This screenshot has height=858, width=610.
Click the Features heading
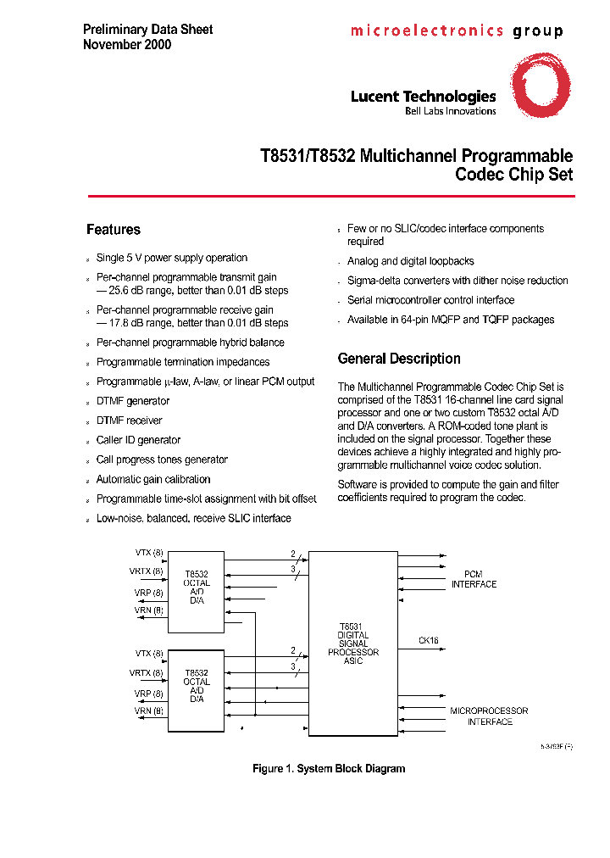tap(114, 230)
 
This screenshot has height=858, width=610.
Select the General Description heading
tap(399, 359)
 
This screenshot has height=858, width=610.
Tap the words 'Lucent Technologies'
tap(423, 97)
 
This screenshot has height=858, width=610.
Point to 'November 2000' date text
tap(127, 44)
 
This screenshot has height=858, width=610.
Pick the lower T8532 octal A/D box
tap(196, 690)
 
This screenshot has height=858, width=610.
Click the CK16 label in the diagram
tap(429, 641)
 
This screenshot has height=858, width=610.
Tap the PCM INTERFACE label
tap(474, 579)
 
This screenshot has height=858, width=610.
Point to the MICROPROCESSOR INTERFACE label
tap(489, 716)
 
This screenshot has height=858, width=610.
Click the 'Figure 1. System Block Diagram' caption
tap(329, 769)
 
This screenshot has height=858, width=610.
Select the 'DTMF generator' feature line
tap(133, 401)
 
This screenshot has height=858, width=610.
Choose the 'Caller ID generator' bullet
tap(138, 440)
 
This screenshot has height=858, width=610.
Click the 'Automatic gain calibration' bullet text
tap(153, 479)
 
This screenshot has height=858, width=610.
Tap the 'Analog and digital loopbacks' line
tap(411, 261)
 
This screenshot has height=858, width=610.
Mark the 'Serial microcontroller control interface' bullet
tap(430, 300)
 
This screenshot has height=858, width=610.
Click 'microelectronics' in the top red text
tap(427, 31)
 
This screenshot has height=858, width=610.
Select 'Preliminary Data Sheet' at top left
tap(147, 29)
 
